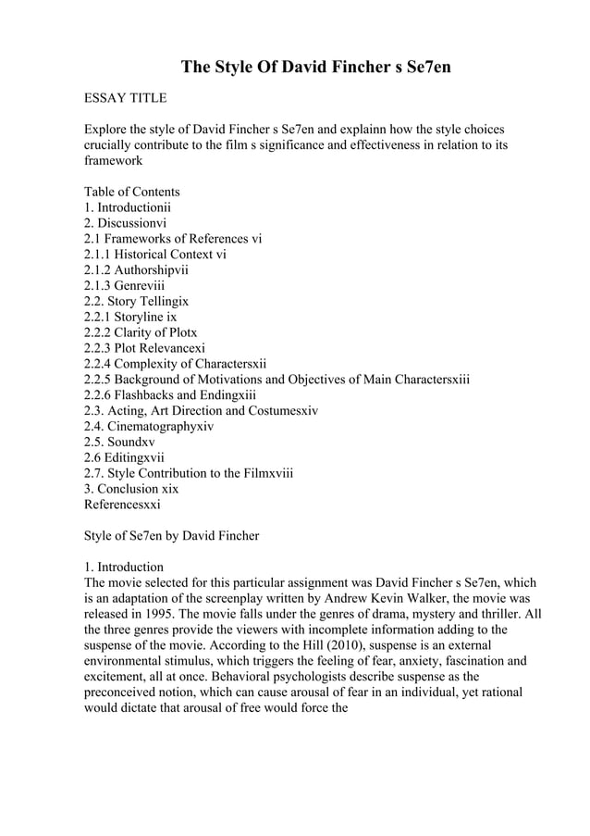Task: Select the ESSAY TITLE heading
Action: pyautogui.click(x=125, y=97)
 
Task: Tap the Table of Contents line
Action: pyautogui.click(x=131, y=192)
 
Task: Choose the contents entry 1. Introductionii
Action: pyautogui.click(x=128, y=207)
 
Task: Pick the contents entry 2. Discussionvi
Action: pyautogui.click(x=125, y=223)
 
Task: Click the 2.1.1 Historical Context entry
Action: pyautogui.click(x=154, y=255)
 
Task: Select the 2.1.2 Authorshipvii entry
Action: pyautogui.click(x=136, y=270)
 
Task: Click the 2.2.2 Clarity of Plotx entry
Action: pyautogui.click(x=141, y=332)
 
